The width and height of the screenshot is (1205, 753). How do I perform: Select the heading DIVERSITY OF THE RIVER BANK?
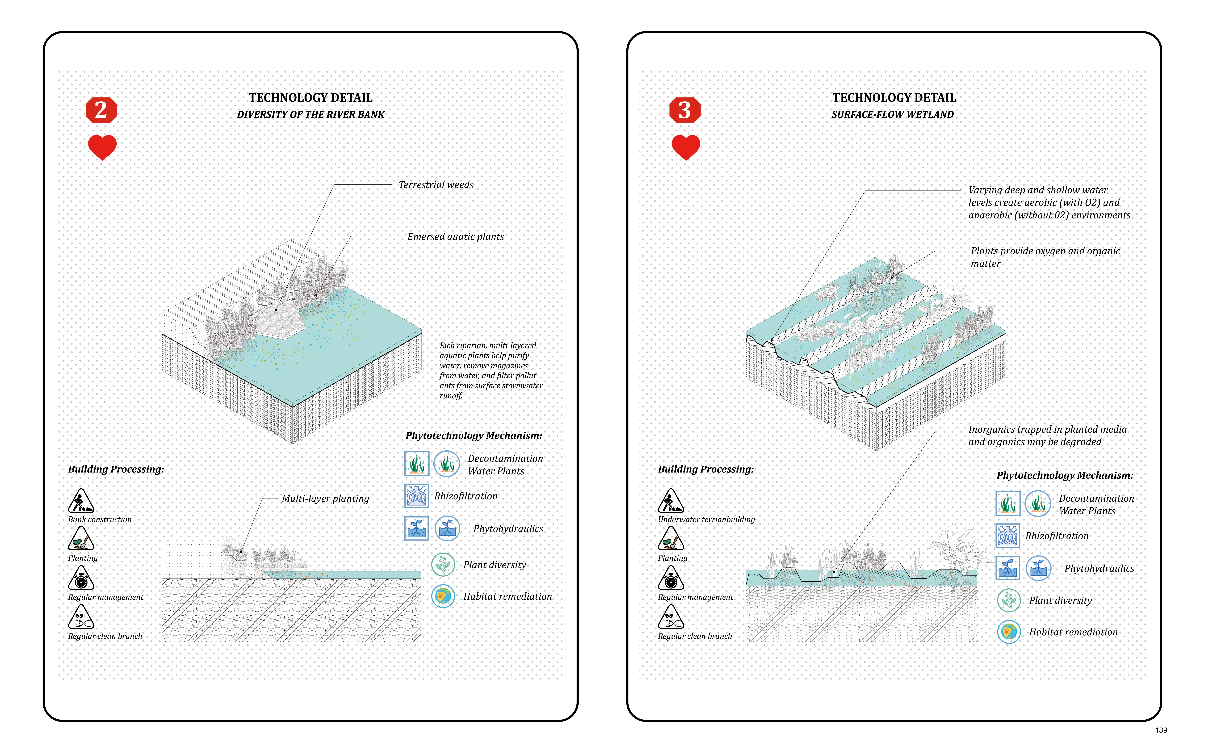coord(311,115)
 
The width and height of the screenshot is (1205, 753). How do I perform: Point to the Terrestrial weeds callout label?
coord(436,185)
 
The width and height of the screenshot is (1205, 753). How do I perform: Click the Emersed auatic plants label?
coord(456,237)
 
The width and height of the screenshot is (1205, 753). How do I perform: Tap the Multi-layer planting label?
coord(326,498)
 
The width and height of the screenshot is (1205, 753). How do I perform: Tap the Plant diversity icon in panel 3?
coord(1009,600)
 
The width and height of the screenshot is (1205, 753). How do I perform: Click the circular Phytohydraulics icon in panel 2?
coord(447,528)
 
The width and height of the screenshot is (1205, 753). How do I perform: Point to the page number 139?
coord(1161,730)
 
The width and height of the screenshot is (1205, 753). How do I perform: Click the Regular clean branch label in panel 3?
coord(695,636)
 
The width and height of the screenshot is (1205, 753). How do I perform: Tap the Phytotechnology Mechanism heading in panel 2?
coord(474,436)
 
